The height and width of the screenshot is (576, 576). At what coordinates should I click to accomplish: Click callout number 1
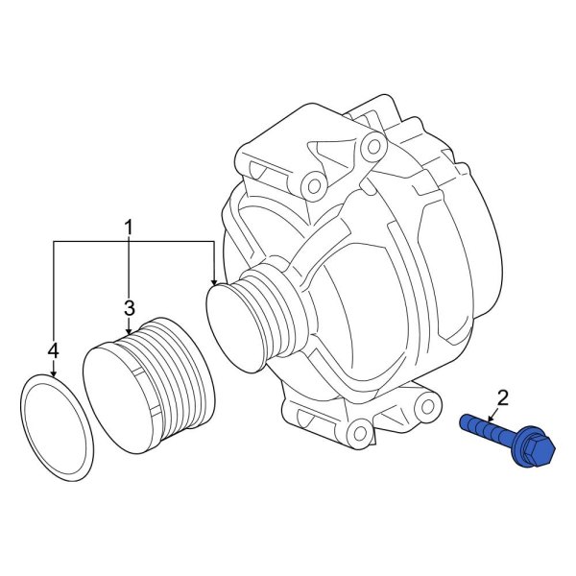click(128, 228)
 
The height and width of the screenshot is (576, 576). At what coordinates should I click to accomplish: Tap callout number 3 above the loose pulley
click(128, 307)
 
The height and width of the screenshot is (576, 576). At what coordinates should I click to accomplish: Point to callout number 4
click(54, 350)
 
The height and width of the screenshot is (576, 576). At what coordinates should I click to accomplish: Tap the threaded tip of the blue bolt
click(468, 420)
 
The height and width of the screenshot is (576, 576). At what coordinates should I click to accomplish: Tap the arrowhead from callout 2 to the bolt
click(492, 420)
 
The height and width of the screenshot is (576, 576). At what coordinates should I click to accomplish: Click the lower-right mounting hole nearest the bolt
click(421, 402)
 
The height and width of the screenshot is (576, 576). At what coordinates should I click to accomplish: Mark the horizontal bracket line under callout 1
click(134, 244)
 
